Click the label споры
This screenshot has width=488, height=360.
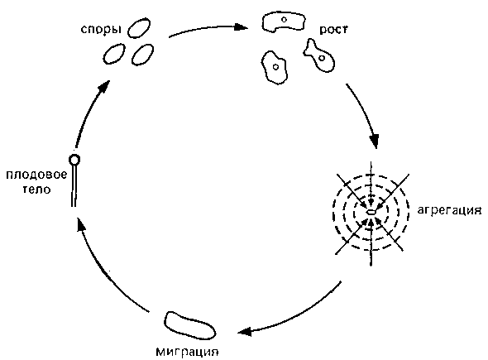point(101,30)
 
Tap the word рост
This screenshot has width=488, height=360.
point(333,30)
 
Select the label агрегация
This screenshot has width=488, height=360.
point(449,211)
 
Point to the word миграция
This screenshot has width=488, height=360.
point(187,353)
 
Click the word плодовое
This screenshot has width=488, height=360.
point(36,175)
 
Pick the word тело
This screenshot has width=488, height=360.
point(36,190)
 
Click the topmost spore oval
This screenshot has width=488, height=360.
point(139,28)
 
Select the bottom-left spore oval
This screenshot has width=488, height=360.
point(114,54)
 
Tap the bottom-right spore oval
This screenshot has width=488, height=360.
point(143,55)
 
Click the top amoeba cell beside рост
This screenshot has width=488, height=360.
point(283,22)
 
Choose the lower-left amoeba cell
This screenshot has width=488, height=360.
point(274,68)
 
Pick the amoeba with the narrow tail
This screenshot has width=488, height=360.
point(319,56)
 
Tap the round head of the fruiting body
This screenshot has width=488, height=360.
point(74,160)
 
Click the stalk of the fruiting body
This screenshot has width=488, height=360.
point(74,185)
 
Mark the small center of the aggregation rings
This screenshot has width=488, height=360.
point(371,213)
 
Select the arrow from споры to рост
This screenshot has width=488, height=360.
point(208,29)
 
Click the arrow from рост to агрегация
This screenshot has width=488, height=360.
point(366,114)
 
